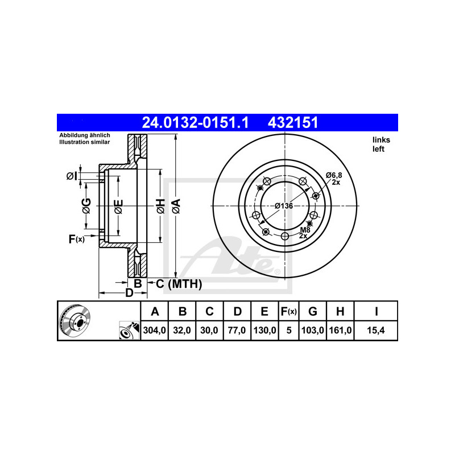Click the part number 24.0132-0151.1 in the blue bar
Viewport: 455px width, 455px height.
pos(195,122)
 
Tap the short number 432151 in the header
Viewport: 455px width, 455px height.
pos(293,122)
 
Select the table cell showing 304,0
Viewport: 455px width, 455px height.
pos(154,330)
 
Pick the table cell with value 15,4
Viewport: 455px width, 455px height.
pos(376,330)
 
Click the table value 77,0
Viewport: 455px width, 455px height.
pos(237,330)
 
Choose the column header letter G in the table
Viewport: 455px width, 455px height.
pos(312,311)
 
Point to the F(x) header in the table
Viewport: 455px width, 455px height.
pos(288,311)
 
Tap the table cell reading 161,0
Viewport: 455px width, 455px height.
pos(340,330)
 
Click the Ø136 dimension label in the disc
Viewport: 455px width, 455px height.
pos(284,206)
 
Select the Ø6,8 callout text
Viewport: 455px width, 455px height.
pos(334,175)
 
